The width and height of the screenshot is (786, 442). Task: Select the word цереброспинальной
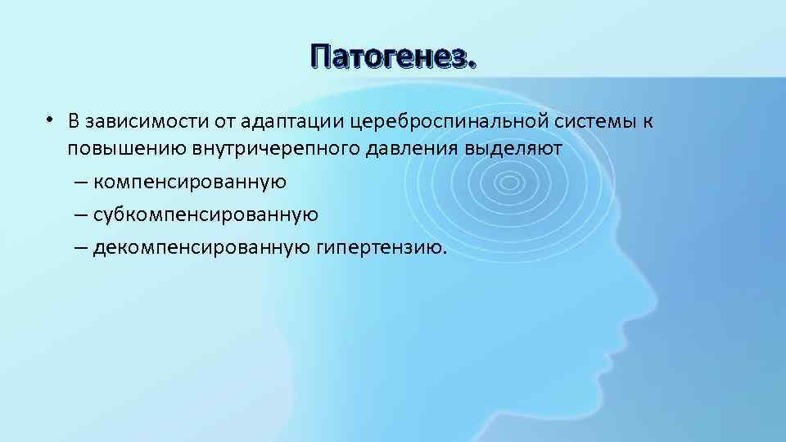point(443,122)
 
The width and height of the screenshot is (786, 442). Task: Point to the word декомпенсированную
point(200,247)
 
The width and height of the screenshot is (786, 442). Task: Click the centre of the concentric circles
point(513,182)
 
